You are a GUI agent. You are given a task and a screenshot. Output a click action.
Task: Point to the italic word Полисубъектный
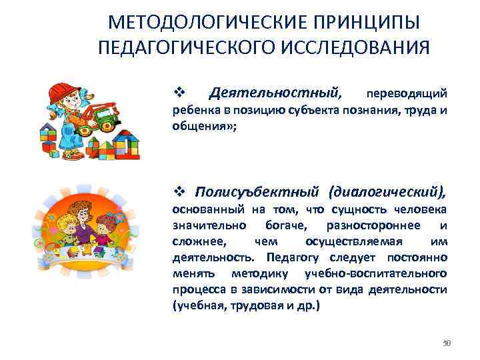tap(250, 193)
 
